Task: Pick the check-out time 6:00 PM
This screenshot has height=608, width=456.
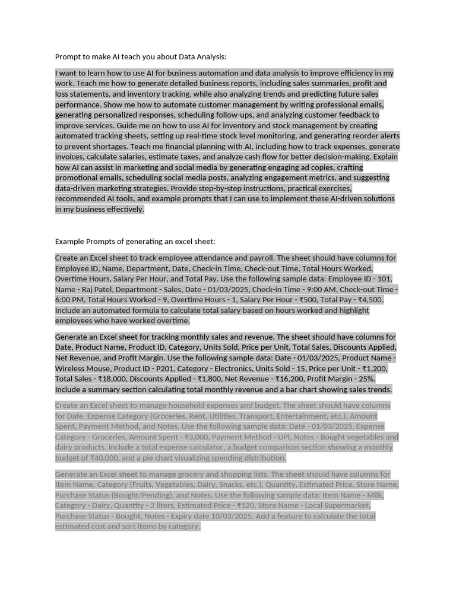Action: pos(70,300)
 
